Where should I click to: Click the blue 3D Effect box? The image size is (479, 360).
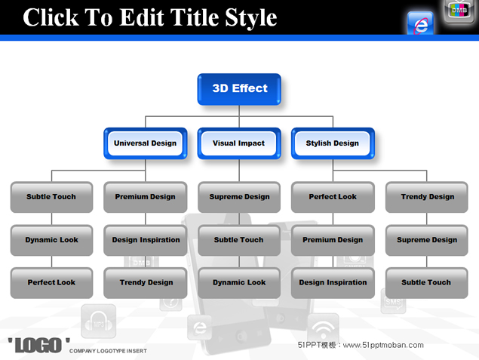[239, 89]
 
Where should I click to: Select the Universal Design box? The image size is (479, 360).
[146, 143]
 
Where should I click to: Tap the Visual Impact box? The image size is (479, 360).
[239, 143]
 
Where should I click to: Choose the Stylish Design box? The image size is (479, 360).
[333, 143]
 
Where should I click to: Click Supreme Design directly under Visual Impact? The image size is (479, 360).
[239, 197]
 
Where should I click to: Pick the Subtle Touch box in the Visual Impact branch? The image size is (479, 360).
[239, 240]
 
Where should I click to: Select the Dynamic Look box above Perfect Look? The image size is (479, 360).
[51, 240]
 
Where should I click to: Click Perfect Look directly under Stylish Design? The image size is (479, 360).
[333, 197]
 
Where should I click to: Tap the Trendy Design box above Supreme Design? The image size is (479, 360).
[427, 197]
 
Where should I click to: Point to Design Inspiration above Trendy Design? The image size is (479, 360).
[146, 240]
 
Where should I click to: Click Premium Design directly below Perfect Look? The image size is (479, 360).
[333, 240]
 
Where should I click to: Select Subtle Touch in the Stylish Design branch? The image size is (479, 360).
[427, 283]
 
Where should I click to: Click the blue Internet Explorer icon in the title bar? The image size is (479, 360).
[420, 23]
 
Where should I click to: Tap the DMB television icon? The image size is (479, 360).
[459, 11]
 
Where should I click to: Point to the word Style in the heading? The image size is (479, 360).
[250, 18]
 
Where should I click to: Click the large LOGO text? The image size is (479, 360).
[38, 346]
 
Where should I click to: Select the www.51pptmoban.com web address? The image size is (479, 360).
[383, 346]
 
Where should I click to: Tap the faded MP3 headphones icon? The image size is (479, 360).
[98, 322]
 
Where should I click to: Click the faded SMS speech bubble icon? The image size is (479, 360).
[393, 302]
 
